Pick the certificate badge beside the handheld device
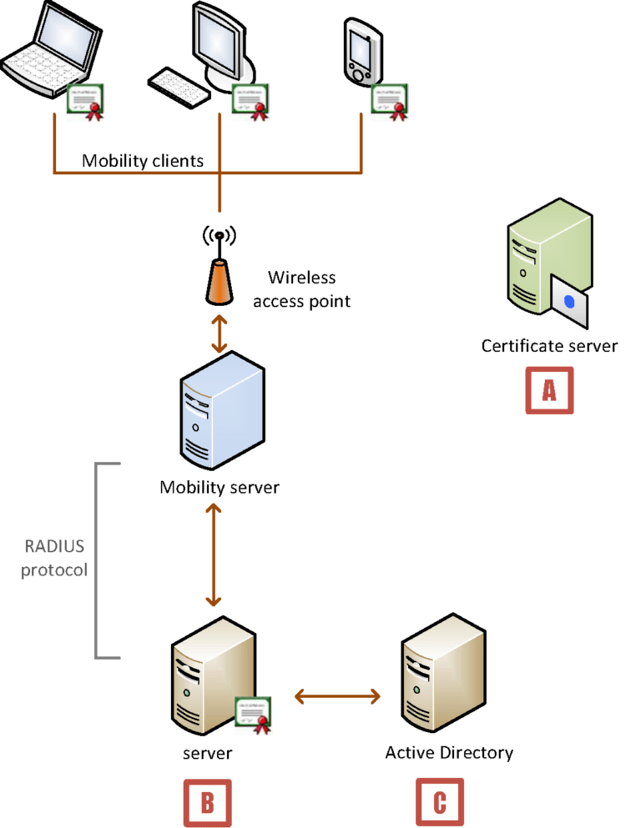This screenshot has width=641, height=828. (389, 100)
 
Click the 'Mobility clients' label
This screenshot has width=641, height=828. (143, 160)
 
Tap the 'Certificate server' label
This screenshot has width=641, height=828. (549, 345)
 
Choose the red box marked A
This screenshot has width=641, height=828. (549, 389)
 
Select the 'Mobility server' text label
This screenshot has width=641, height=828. (220, 487)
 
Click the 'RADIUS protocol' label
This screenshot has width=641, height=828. (55, 560)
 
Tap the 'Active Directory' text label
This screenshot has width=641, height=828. (449, 753)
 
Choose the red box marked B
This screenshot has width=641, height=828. (207, 802)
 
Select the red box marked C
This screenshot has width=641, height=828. (440, 802)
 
